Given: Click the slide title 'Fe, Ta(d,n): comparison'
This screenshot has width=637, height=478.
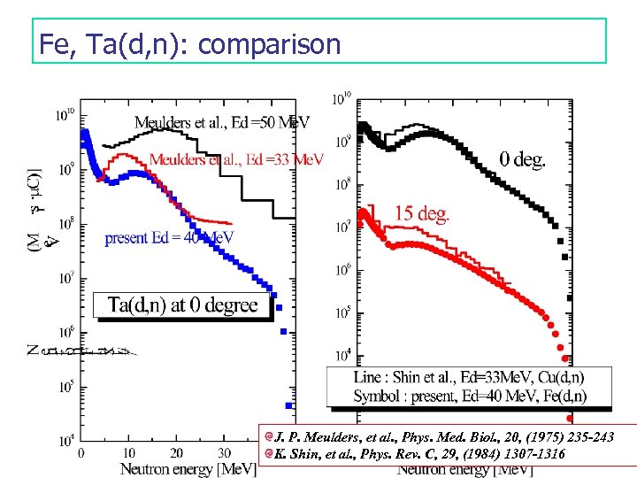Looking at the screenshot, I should click(190, 43).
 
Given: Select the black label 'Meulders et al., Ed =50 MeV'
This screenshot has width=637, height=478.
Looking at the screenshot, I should click(222, 123).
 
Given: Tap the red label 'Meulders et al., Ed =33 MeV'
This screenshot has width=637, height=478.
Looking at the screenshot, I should click(236, 159).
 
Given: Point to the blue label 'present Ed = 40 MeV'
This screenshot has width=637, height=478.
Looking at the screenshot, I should click(169, 237).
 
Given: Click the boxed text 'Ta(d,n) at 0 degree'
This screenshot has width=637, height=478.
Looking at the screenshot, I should click(182, 305).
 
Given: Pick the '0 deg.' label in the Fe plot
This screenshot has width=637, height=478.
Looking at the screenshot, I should click(522, 160).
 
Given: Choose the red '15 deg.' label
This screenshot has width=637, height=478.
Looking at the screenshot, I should click(421, 212).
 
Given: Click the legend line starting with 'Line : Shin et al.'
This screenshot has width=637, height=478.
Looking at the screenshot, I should click(469, 378).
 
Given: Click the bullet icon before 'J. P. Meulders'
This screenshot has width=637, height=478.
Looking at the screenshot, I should click(267, 437).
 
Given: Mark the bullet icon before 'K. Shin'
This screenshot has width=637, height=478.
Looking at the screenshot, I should click(267, 453).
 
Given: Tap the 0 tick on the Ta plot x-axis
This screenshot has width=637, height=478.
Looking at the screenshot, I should click(81, 452).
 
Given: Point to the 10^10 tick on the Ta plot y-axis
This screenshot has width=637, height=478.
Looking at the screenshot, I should click(65, 114).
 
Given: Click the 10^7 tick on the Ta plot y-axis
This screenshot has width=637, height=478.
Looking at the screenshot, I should click(65, 278).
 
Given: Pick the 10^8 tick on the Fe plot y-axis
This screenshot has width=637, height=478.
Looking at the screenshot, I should click(342, 185).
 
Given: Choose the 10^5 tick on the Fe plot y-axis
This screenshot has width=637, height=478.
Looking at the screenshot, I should click(342, 312).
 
